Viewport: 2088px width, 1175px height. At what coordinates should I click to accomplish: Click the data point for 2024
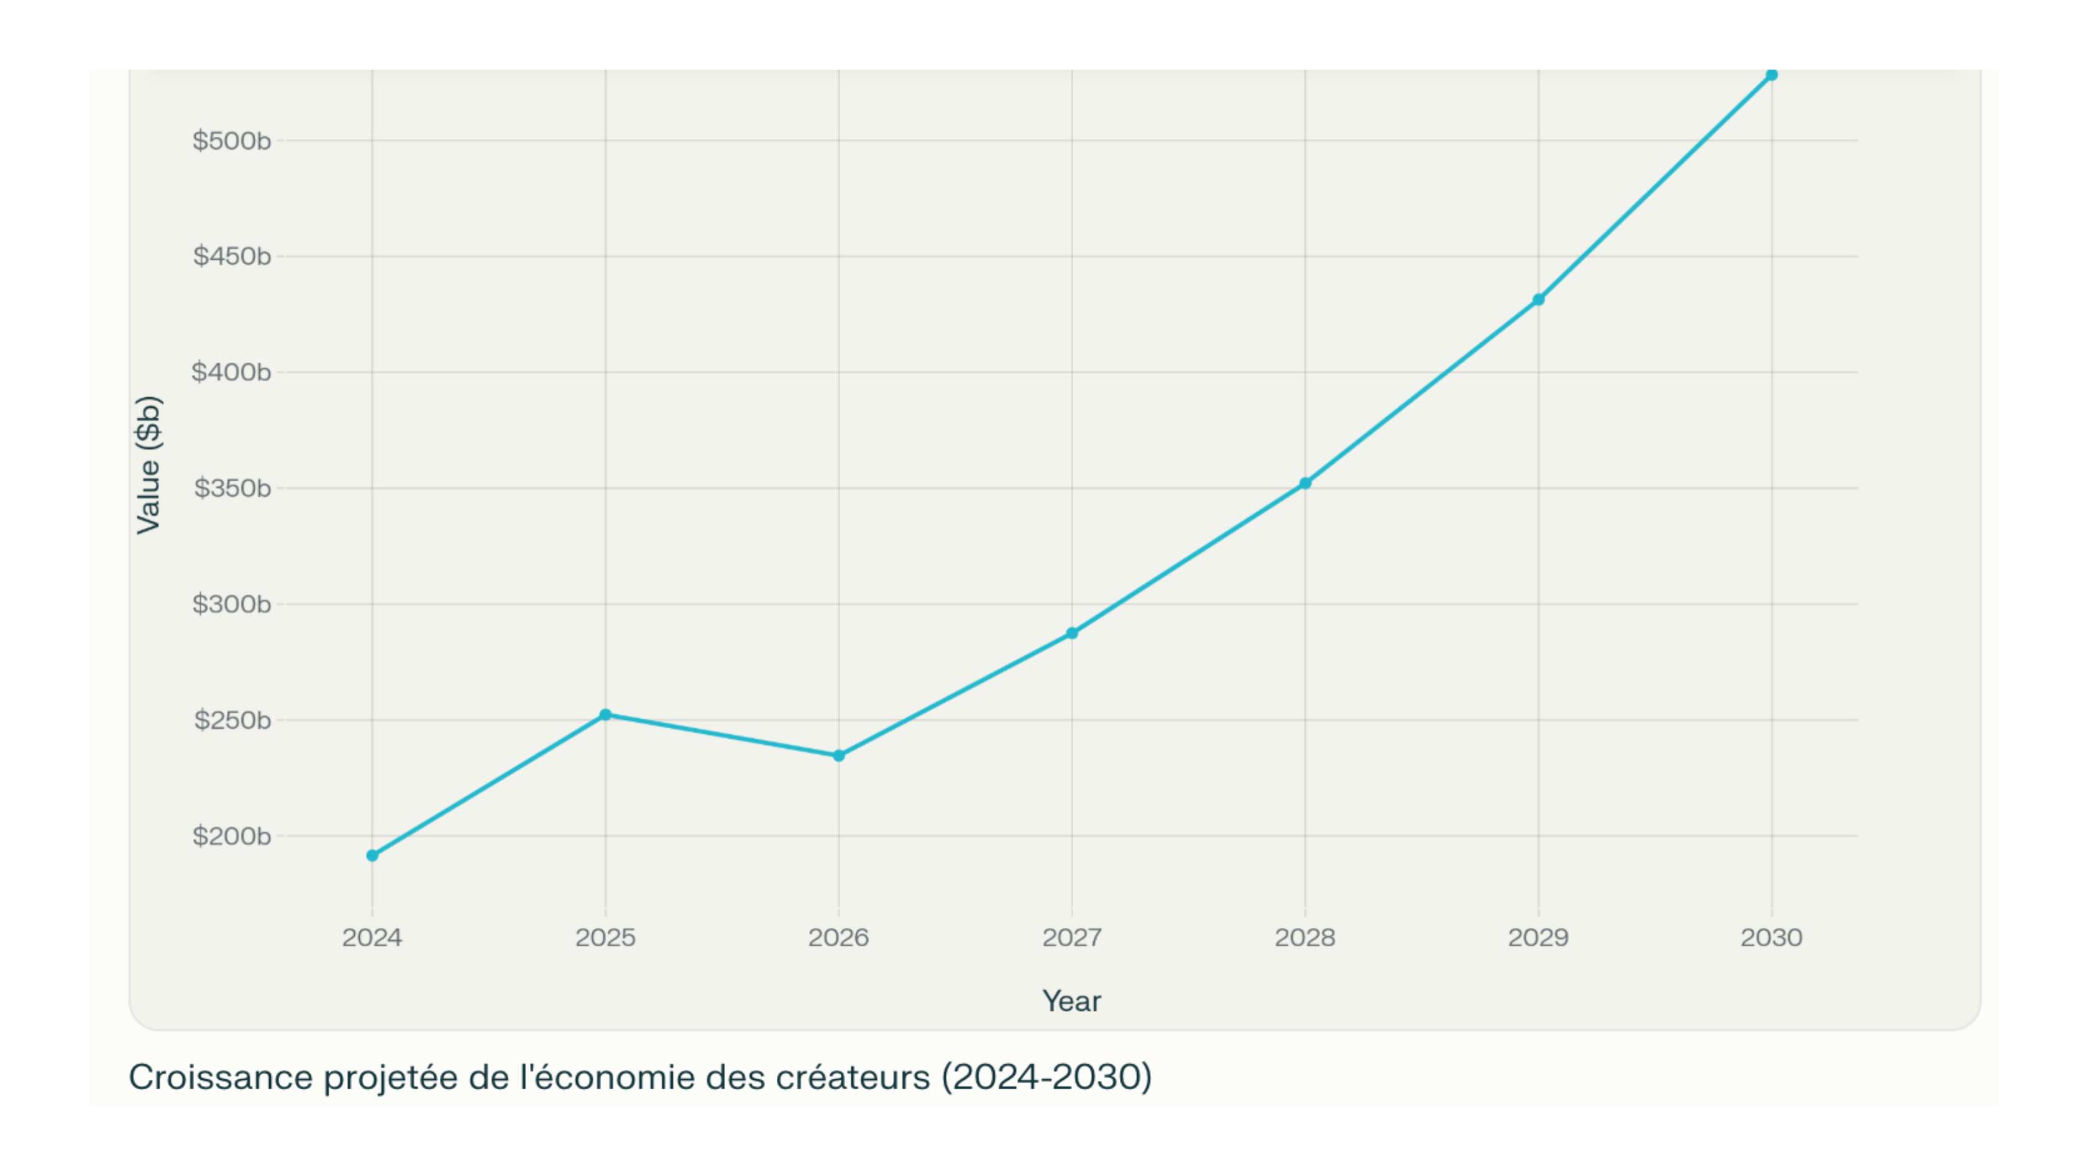coord(372,855)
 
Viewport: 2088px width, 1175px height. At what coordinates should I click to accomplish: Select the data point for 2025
coord(605,714)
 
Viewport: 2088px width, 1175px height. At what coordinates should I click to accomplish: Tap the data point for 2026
coord(839,756)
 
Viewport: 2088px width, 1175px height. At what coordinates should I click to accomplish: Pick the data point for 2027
coord(1071,634)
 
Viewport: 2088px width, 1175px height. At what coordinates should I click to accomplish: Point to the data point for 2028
coord(1305,483)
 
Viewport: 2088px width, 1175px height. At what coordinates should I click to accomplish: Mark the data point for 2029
coord(1539,300)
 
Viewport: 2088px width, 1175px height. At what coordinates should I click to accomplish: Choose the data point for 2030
coord(1771,75)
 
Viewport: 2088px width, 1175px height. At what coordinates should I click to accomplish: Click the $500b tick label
coord(231,141)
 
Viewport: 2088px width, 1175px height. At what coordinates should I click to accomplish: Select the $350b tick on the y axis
coord(232,488)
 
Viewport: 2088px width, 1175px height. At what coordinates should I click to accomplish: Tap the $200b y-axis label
coord(231,836)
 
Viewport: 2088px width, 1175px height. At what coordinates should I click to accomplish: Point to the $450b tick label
coord(232,256)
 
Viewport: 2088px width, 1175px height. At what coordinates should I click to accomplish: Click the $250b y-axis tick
coord(232,720)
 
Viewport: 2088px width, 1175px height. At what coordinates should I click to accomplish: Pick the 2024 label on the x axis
coord(372,938)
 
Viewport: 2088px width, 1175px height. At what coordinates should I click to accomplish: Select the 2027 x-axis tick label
coord(1071,938)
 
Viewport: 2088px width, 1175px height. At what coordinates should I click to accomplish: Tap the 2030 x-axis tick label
coord(1771,938)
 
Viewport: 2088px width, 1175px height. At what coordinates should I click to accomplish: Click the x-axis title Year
coord(1071,1002)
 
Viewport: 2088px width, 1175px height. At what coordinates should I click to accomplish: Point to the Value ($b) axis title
coord(149,464)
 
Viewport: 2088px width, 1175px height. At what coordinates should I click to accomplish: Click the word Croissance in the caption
coord(221,1077)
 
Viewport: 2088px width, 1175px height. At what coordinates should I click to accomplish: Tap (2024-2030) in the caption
coord(1046,1077)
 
